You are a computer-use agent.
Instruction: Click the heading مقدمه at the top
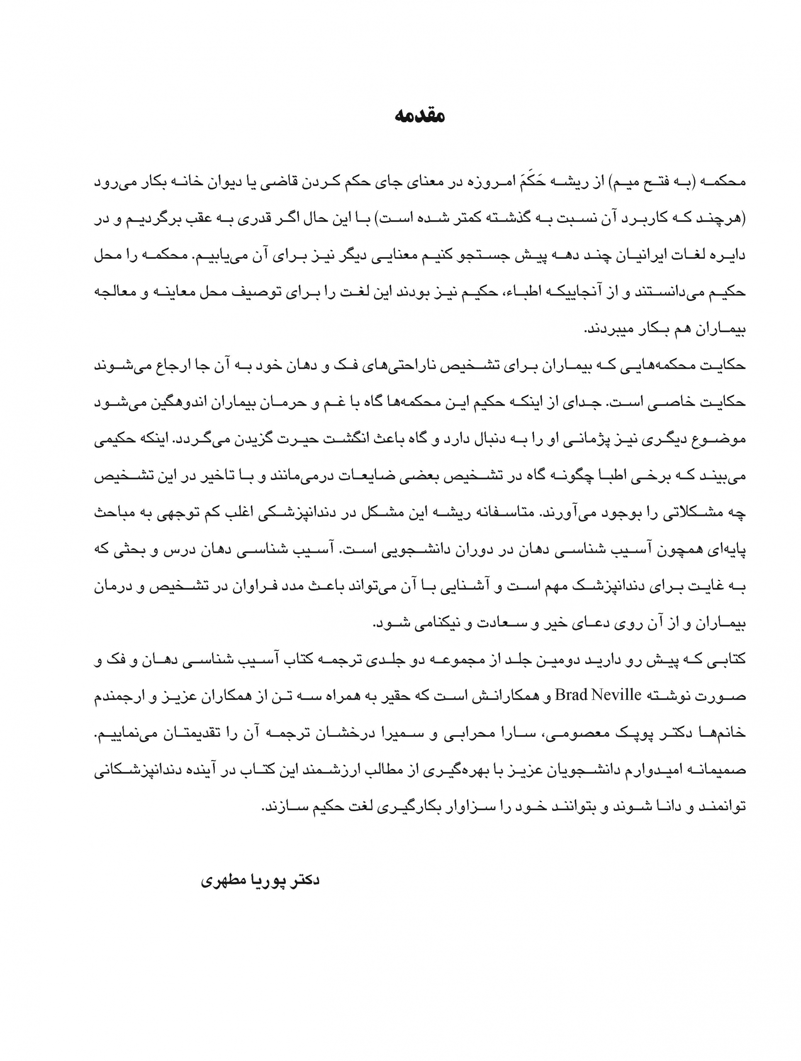[x=420, y=116]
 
